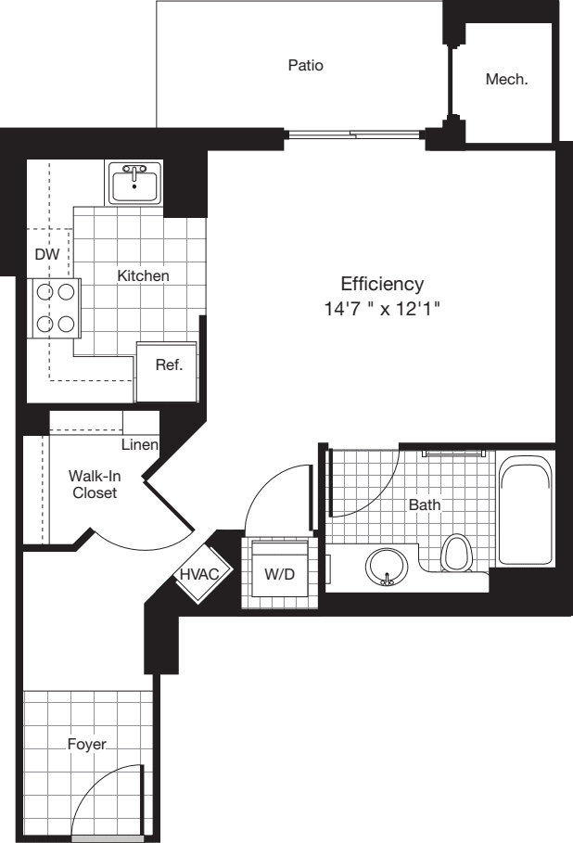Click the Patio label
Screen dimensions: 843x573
click(x=304, y=66)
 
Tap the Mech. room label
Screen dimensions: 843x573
click(x=506, y=80)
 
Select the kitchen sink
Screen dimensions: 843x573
click(x=135, y=182)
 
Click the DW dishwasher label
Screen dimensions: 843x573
click(x=46, y=253)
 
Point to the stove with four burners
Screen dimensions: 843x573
click(x=53, y=308)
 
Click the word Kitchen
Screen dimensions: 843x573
click(x=143, y=275)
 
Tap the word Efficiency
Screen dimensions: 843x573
click(x=382, y=284)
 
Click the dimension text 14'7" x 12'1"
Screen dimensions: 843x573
click(x=381, y=310)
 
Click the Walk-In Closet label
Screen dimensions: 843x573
click(x=95, y=484)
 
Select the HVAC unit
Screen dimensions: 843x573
click(x=199, y=574)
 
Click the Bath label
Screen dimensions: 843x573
click(x=425, y=505)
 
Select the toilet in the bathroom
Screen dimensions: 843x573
click(x=455, y=554)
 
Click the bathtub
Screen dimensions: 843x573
click(x=526, y=513)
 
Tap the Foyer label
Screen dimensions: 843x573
click(x=86, y=744)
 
